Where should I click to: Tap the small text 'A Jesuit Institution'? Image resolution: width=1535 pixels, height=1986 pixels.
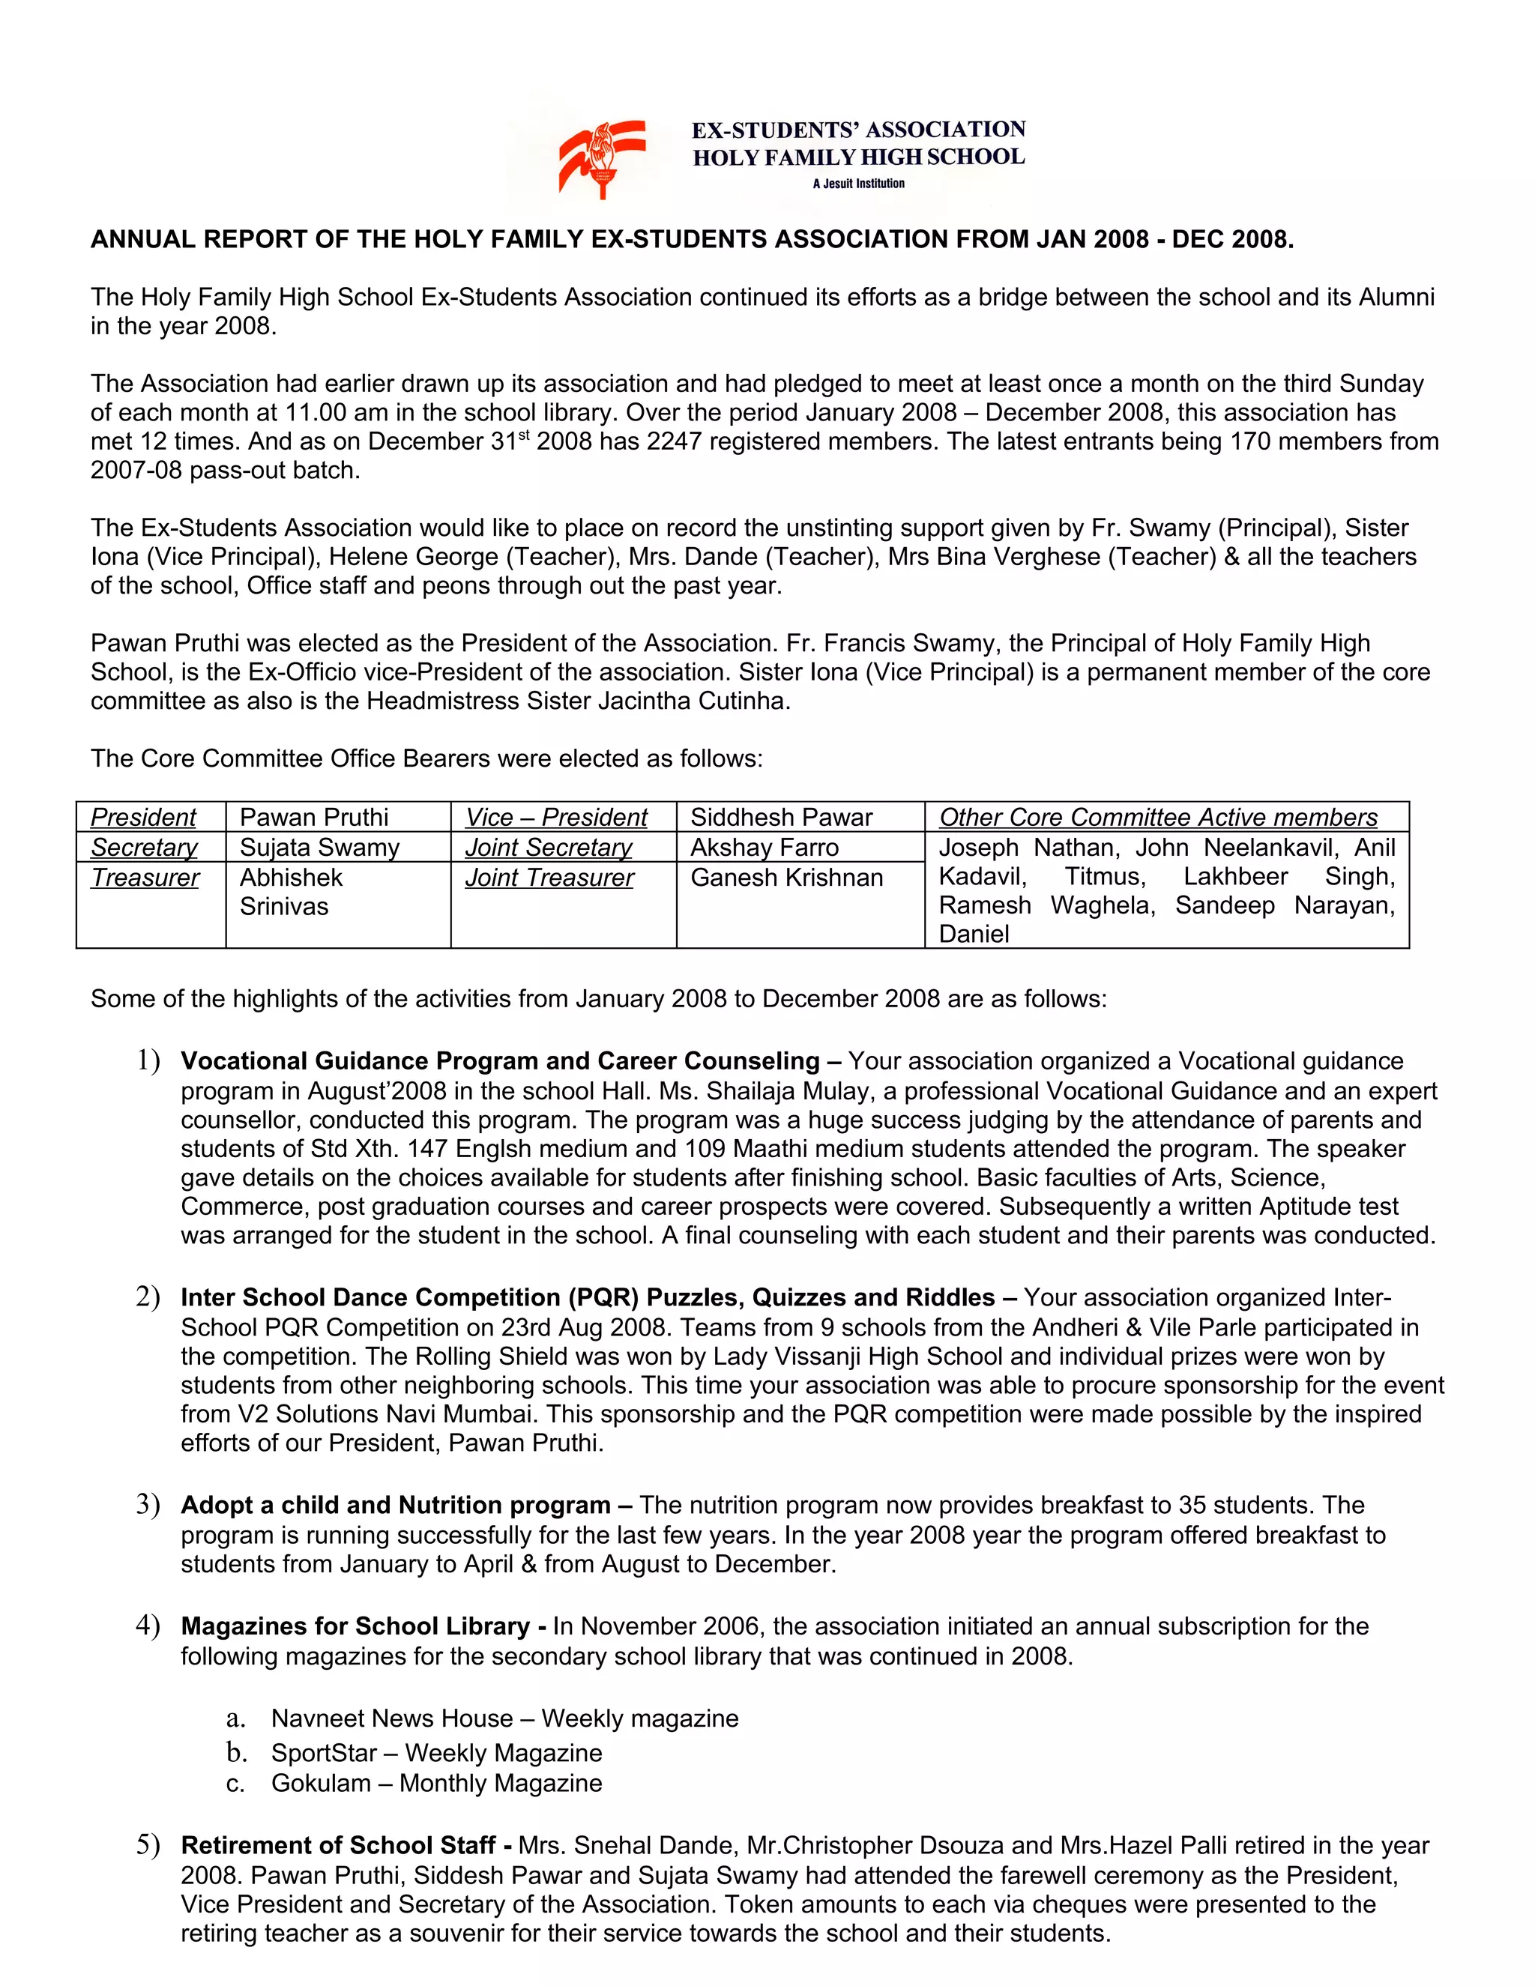click(x=858, y=184)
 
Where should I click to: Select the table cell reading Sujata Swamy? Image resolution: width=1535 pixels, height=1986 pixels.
click(x=319, y=848)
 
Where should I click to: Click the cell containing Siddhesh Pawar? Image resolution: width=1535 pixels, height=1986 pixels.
click(x=781, y=818)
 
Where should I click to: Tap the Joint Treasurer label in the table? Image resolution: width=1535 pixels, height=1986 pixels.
click(x=549, y=878)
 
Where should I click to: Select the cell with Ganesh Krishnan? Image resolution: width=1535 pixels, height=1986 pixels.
click(x=786, y=878)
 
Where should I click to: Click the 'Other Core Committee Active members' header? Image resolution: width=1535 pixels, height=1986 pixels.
click(x=1157, y=818)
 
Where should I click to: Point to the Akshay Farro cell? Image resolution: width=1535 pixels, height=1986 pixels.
click(x=764, y=848)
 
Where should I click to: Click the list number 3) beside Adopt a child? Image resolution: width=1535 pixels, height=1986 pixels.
click(x=148, y=1505)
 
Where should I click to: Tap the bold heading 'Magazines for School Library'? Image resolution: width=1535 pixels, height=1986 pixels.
click(x=355, y=1626)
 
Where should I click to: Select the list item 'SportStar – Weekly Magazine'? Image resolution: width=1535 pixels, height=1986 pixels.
click(x=436, y=1752)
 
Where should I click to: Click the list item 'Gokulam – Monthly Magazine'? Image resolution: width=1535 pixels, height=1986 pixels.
click(x=436, y=1783)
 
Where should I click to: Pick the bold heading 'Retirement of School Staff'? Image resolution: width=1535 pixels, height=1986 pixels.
click(x=338, y=1845)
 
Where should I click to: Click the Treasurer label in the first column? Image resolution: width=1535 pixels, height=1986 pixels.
click(x=145, y=878)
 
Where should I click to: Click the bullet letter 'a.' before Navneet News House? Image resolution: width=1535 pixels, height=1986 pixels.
click(x=235, y=1718)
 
